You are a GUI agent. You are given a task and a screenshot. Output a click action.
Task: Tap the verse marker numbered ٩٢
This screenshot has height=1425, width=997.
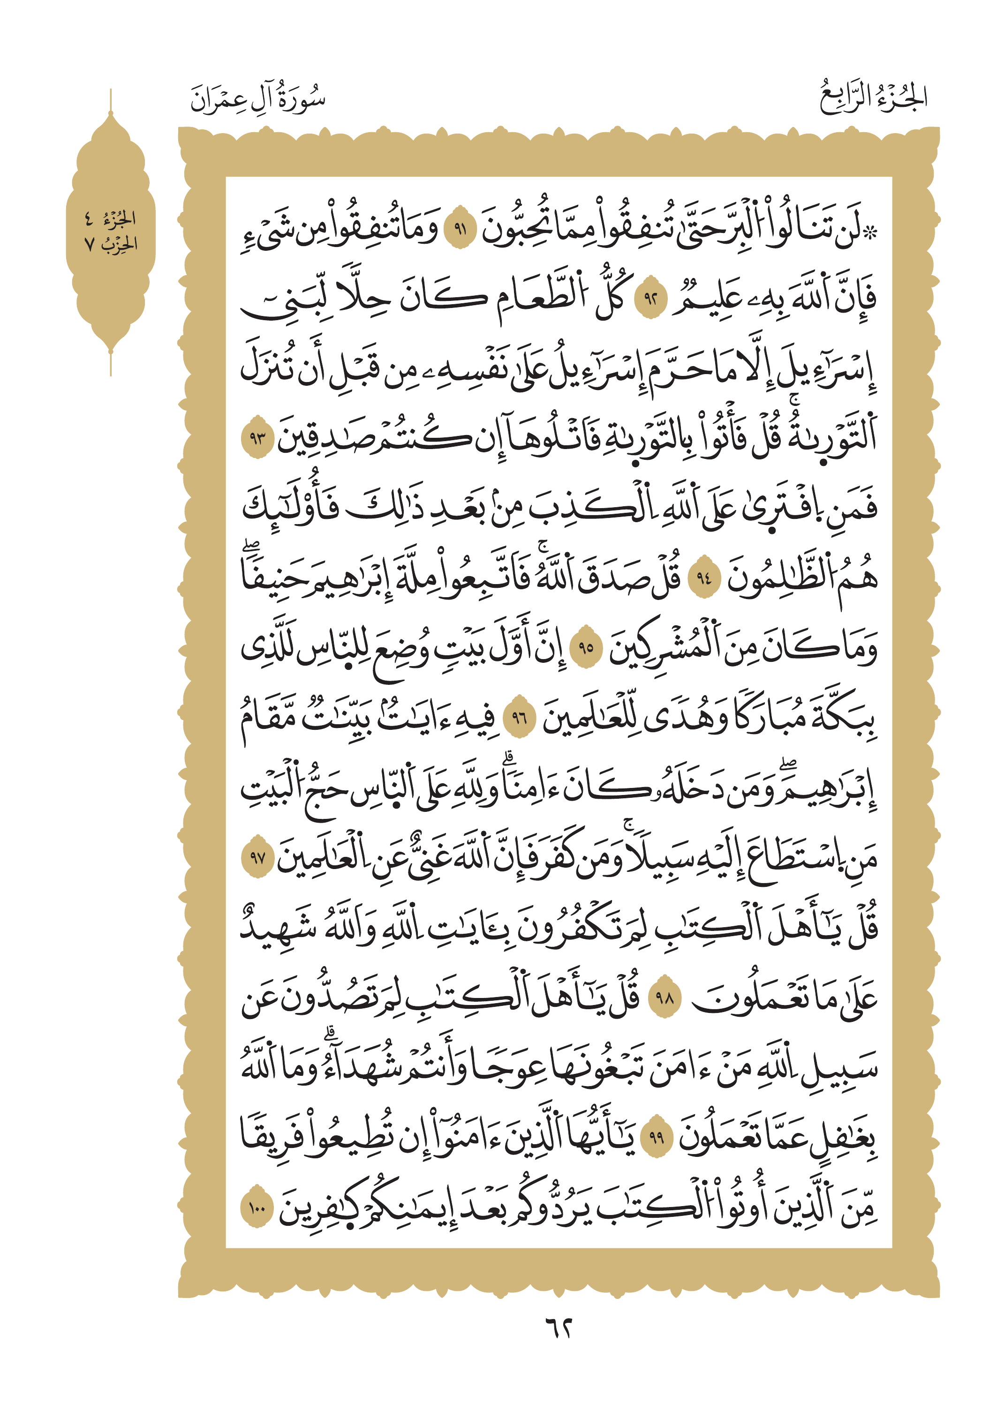click(x=650, y=299)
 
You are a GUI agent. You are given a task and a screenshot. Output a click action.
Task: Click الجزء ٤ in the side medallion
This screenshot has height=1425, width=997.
click(x=111, y=218)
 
